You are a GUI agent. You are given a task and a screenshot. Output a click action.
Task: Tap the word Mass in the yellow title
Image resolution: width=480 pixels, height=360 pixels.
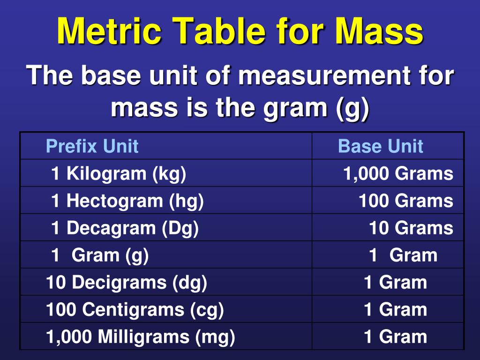(x=379, y=32)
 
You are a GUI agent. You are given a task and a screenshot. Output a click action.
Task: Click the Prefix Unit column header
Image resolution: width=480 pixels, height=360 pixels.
(x=92, y=146)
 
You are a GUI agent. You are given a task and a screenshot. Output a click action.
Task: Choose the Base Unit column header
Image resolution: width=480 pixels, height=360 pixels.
(x=380, y=146)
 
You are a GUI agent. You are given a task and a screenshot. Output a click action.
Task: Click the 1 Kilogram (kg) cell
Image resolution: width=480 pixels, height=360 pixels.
(x=119, y=173)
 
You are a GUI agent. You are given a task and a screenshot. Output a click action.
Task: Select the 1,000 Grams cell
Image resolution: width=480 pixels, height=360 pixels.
(x=398, y=173)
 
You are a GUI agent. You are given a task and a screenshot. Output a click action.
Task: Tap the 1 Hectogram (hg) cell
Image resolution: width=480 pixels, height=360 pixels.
(x=127, y=201)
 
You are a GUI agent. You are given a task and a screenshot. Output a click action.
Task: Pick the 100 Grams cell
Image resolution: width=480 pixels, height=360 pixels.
(x=406, y=201)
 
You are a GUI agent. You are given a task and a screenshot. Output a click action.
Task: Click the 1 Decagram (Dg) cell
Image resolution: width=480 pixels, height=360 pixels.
(x=125, y=228)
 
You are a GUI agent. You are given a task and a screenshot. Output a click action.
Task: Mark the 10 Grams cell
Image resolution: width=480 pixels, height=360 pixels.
(x=411, y=228)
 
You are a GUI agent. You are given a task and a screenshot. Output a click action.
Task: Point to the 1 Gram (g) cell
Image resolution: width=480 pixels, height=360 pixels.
(x=100, y=255)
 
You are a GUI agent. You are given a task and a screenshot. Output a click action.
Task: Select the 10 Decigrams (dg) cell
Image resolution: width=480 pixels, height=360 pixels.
(x=127, y=282)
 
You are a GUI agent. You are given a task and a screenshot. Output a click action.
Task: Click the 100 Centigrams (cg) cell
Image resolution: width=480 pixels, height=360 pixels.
(x=135, y=309)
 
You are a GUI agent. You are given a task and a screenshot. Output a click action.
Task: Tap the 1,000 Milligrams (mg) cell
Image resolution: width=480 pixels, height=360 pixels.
(x=141, y=337)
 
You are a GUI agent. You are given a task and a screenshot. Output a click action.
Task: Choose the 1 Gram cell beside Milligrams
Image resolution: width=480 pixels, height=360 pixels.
(x=395, y=337)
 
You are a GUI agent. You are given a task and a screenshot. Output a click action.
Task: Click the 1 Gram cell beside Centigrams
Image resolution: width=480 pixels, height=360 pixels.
(x=395, y=309)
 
